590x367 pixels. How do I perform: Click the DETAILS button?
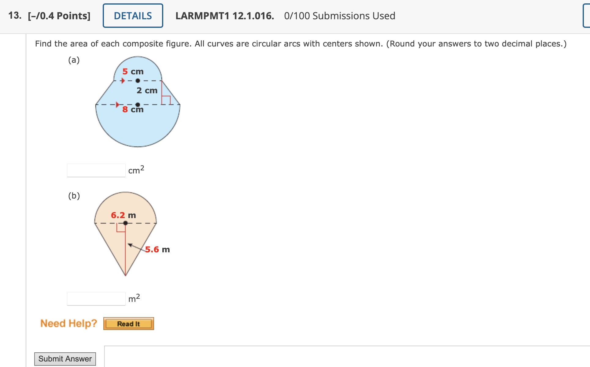[x=133, y=16]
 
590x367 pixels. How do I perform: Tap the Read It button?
[x=128, y=324]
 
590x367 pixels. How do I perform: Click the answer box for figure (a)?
[x=96, y=170]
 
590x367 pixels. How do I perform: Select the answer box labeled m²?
[x=96, y=299]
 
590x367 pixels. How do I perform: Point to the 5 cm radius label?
[x=133, y=72]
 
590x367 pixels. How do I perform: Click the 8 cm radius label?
[x=133, y=109]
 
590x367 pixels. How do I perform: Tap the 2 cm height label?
[x=147, y=91]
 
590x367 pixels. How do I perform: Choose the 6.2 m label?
[x=123, y=215]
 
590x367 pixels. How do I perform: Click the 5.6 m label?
[x=157, y=250]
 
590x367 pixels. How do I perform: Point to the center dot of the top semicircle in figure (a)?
[x=138, y=81]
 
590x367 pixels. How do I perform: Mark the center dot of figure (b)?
[x=125, y=223]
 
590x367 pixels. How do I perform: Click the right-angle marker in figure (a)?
[x=166, y=100]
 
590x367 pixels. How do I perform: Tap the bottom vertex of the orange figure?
[x=125, y=275]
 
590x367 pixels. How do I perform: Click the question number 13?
[x=15, y=16]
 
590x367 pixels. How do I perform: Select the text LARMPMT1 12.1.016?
[x=225, y=16]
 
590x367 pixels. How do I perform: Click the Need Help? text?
[x=68, y=323]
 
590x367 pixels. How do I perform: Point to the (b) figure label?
[x=74, y=196]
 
